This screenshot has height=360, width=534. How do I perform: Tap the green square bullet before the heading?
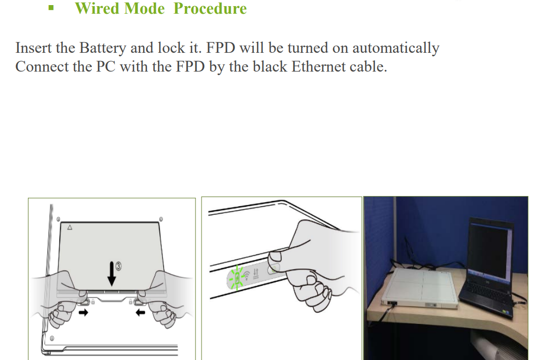(51, 8)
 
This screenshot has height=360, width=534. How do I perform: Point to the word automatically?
(396, 48)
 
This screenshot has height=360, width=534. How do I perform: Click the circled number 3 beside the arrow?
(118, 266)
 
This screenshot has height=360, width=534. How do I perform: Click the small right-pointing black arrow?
(83, 312)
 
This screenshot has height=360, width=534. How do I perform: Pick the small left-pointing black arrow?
(140, 312)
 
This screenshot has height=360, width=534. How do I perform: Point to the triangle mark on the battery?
(70, 227)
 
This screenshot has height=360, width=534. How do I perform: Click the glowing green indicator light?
(237, 278)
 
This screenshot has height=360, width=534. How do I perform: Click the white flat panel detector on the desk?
(421, 288)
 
